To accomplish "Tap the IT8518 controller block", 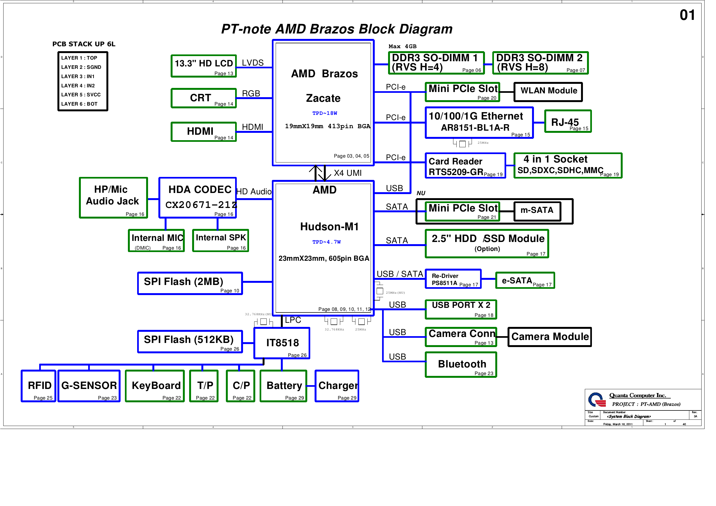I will pyautogui.click(x=282, y=343).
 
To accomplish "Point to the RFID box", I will pyautogui.click(x=39, y=386).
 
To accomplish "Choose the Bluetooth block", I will pyautogui.click(x=461, y=364).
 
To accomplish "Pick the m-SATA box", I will pyautogui.click(x=537, y=211).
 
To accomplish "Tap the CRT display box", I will pyautogui.click(x=203, y=98).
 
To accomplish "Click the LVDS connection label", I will pyautogui.click(x=253, y=63).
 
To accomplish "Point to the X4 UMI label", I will pyautogui.click(x=348, y=173).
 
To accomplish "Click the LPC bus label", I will pyautogui.click(x=293, y=320).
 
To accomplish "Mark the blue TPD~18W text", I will pyautogui.click(x=325, y=113).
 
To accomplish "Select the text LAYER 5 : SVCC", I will pyautogui.click(x=81, y=94).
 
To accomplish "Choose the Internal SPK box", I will pyautogui.click(x=220, y=240).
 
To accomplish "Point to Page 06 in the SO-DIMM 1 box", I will pyautogui.click(x=471, y=70).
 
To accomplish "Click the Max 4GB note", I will pyautogui.click(x=402, y=47).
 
